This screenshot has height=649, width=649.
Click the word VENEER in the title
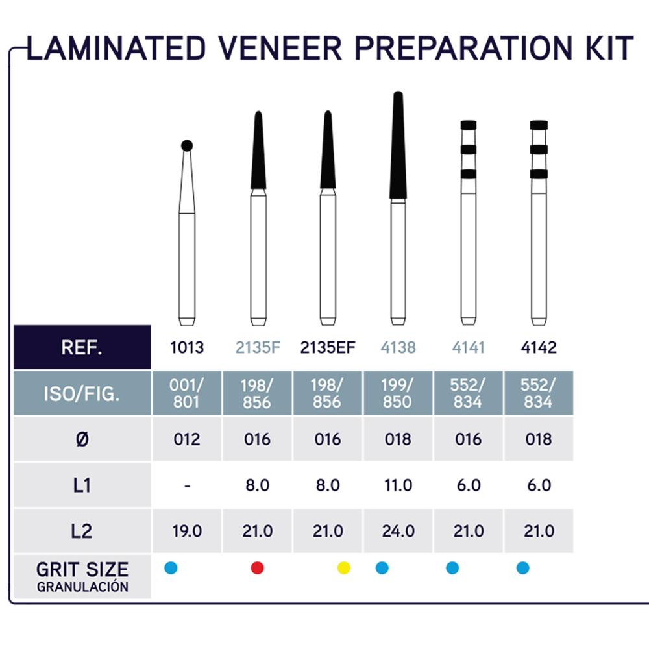(280, 49)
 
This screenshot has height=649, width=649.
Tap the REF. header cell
(82, 347)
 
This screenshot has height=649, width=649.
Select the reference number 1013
(187, 348)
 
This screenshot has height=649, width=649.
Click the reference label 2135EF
(328, 348)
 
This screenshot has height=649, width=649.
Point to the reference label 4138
(398, 348)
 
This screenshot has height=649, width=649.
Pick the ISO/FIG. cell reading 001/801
(187, 393)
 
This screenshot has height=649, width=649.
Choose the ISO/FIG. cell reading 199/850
(398, 393)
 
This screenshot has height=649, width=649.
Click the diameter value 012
(187, 439)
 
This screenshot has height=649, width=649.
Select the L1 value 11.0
(398, 485)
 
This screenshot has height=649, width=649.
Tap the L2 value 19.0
(187, 531)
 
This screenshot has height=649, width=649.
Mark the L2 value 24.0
(398, 531)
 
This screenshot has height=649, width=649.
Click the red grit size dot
(258, 568)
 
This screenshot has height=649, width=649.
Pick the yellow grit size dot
(344, 568)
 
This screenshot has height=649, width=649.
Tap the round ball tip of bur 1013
(187, 145)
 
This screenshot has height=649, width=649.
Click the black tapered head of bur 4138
(398, 145)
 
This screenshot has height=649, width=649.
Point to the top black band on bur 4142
(539, 125)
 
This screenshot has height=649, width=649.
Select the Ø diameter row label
(82, 439)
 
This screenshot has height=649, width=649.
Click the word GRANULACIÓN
(82, 587)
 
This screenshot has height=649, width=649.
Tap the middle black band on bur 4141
(469, 149)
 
